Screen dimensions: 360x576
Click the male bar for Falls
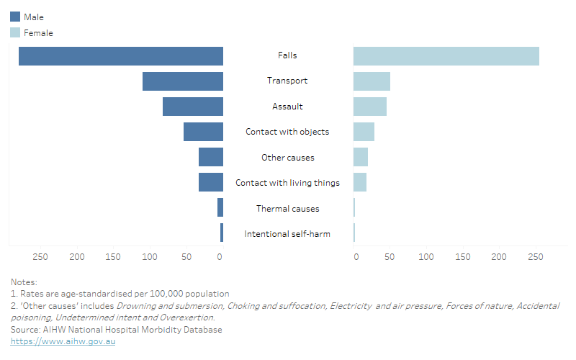121,56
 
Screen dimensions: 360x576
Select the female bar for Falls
446,56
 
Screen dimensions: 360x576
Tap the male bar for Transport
183,81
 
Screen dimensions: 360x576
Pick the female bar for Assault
370,107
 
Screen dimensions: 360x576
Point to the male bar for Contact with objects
203,132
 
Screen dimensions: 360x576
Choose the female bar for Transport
372,81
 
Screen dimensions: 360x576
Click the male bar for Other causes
211,157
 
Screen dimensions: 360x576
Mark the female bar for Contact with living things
360,182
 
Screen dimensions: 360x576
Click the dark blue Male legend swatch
15,17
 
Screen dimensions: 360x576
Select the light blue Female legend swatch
15,32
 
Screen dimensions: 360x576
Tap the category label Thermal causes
287,209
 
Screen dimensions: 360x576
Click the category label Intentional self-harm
287,234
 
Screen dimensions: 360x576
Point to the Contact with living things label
287,183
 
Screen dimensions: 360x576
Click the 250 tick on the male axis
40,256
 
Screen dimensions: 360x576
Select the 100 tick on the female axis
427,256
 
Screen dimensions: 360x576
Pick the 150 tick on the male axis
114,256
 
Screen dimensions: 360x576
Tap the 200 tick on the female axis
499,256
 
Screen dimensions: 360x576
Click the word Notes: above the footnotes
24,282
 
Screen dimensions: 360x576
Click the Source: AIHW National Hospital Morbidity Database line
117,330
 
